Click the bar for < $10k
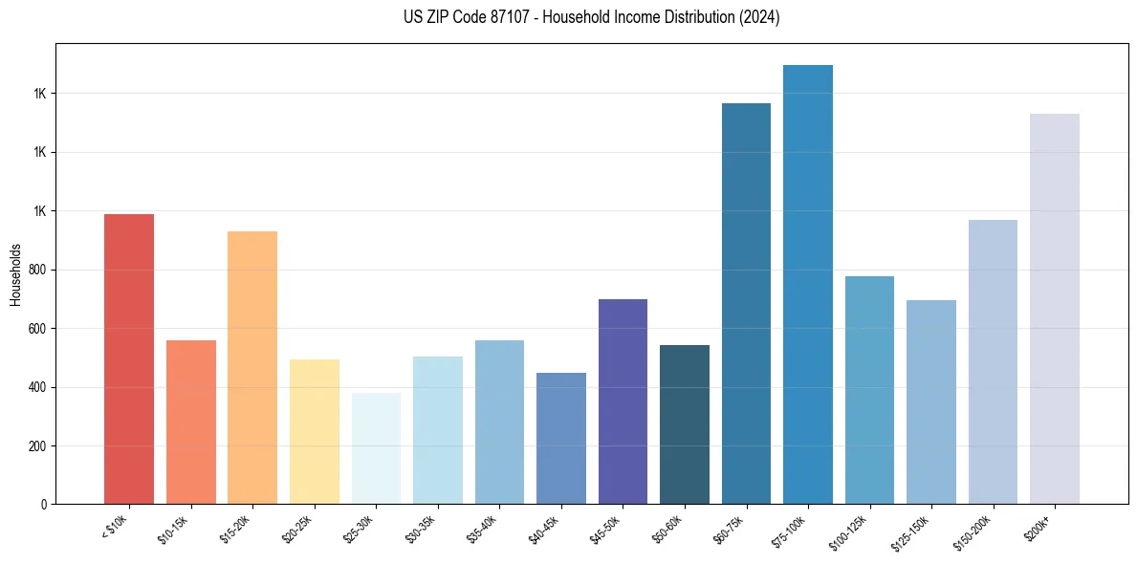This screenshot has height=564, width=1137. (129, 358)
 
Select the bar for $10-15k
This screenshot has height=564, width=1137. (191, 422)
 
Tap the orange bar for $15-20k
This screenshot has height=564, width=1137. (252, 367)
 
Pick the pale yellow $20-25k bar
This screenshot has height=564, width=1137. (315, 431)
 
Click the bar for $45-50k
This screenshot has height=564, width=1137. (623, 401)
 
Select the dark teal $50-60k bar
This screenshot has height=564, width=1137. (685, 424)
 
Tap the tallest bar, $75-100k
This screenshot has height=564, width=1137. (808, 284)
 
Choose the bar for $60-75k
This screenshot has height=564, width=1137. (746, 303)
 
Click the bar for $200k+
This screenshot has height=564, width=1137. (1055, 309)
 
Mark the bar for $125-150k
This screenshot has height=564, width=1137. (931, 401)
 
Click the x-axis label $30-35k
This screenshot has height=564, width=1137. (422, 529)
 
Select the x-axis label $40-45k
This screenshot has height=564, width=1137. (545, 529)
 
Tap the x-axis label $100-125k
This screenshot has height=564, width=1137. (852, 531)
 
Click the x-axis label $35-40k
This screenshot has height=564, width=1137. (484, 529)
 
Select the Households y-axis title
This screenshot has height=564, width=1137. (15, 274)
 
